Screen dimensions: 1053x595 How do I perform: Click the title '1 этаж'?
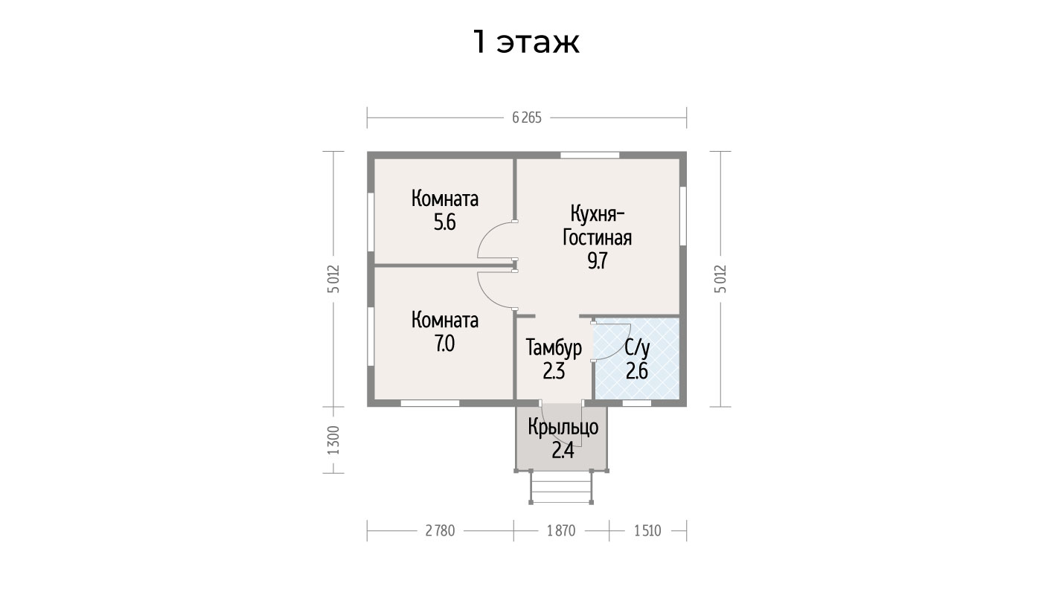[526, 42]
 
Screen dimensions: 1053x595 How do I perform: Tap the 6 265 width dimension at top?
[527, 118]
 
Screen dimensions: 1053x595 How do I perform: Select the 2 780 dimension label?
[440, 530]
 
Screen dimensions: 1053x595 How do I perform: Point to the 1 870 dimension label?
[561, 530]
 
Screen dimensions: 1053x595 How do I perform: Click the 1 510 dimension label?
[647, 530]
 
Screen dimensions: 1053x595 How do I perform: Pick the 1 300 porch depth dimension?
[333, 440]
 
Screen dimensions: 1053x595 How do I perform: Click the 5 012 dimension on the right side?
[720, 279]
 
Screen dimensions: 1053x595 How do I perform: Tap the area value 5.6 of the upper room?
[445, 222]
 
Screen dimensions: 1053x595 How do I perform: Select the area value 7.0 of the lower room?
[445, 344]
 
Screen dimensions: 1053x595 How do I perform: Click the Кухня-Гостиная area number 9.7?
[598, 260]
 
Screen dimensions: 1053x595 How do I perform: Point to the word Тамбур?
[554, 348]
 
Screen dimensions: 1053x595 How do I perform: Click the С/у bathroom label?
[637, 348]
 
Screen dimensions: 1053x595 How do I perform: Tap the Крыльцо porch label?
[563, 428]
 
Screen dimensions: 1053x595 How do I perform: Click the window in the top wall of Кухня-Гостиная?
[590, 155]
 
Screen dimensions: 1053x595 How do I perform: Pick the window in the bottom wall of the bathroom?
[637, 403]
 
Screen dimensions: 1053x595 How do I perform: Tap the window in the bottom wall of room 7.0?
[429, 403]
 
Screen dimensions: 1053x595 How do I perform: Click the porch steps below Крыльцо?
[561, 487]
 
